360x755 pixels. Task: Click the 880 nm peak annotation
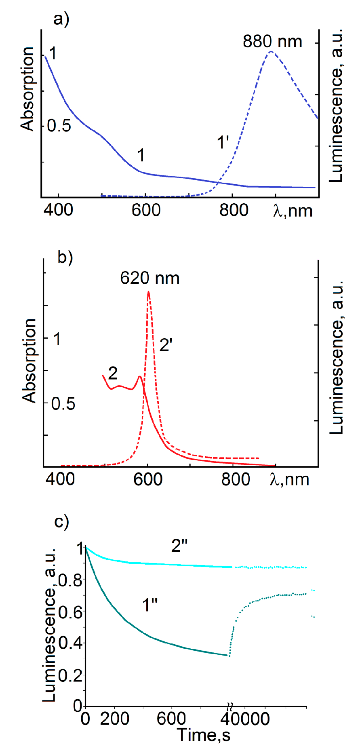click(x=272, y=42)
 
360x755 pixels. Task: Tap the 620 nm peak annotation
click(x=150, y=278)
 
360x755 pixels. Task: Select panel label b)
click(x=65, y=257)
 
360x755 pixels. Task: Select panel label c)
click(x=62, y=521)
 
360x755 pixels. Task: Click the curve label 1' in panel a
click(x=223, y=143)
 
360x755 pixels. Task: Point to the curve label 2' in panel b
click(x=166, y=345)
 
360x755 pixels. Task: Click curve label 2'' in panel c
click(x=180, y=546)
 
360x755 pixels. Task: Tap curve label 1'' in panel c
click(x=150, y=605)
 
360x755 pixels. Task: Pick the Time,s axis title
click(x=204, y=735)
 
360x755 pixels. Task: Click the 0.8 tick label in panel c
click(x=71, y=581)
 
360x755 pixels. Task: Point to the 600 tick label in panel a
click(x=146, y=210)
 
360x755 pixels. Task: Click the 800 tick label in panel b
click(x=236, y=479)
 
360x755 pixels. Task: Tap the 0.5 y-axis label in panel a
click(x=59, y=126)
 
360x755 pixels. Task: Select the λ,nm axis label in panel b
click(x=289, y=479)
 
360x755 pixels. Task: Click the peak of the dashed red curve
click(x=149, y=292)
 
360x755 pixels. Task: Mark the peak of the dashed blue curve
click(x=272, y=51)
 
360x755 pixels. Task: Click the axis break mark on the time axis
click(x=229, y=706)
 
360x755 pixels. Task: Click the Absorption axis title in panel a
click(x=27, y=89)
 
